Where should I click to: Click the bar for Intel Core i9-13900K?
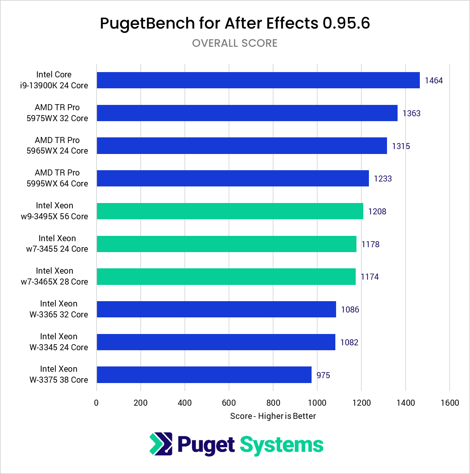(x=258, y=80)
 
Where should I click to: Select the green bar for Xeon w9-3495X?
(x=230, y=211)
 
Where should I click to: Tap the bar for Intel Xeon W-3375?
(x=204, y=375)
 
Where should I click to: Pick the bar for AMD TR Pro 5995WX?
(x=233, y=178)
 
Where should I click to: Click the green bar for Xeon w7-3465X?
(x=226, y=277)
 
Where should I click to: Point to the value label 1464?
(x=433, y=80)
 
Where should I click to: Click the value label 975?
(x=323, y=375)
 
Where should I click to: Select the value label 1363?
(x=411, y=113)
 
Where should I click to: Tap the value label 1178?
(x=370, y=244)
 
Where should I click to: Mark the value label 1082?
(x=349, y=342)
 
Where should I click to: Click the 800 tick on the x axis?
(x=273, y=403)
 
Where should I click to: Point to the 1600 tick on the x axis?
(x=450, y=403)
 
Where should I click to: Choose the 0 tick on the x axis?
(x=97, y=403)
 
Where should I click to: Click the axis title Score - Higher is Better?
(x=273, y=416)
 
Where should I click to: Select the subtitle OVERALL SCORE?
(x=235, y=43)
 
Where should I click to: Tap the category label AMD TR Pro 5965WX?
(x=57, y=145)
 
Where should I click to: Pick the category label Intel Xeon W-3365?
(x=58, y=309)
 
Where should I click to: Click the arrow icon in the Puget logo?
(x=161, y=444)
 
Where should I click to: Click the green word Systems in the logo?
(x=281, y=445)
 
